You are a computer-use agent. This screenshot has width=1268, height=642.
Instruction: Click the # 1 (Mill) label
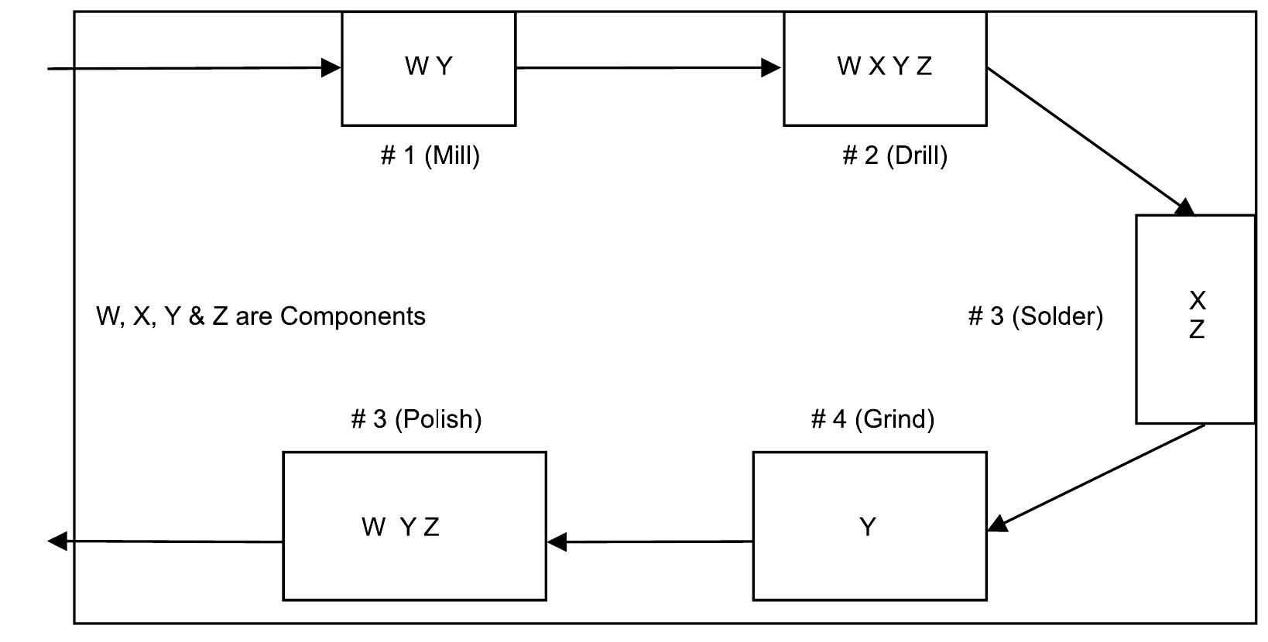tap(430, 155)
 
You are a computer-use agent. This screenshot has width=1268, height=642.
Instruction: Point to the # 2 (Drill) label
tap(894, 155)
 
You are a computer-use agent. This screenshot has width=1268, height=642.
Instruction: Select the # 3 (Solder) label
tap(1035, 316)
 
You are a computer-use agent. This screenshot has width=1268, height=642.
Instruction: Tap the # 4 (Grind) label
tap(872, 418)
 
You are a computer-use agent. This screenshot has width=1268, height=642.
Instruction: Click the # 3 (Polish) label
tap(416, 418)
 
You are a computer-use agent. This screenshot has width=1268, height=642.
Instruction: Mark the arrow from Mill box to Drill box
tap(649, 68)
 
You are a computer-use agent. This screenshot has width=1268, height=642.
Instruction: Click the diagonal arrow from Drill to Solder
tap(1088, 139)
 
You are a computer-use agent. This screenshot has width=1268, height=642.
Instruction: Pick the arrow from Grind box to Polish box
tap(650, 541)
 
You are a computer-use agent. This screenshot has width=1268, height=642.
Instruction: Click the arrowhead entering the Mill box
tap(331, 68)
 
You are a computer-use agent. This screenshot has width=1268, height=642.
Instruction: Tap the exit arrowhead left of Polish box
tap(57, 541)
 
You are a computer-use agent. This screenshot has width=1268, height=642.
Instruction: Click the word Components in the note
tap(353, 316)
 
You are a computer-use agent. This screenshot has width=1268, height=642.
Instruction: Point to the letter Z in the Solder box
tap(1197, 330)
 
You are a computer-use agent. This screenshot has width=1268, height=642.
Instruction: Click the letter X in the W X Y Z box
tap(876, 67)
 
